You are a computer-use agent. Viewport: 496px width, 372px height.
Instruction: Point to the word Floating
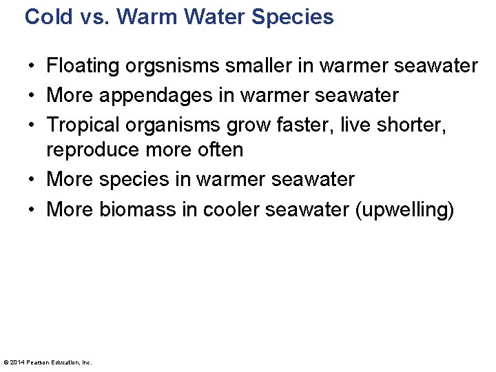point(83,66)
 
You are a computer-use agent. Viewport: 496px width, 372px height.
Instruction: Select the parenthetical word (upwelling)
point(404,209)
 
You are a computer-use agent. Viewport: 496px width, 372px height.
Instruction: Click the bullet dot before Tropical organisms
point(33,125)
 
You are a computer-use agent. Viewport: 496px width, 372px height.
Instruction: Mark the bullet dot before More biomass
point(33,210)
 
